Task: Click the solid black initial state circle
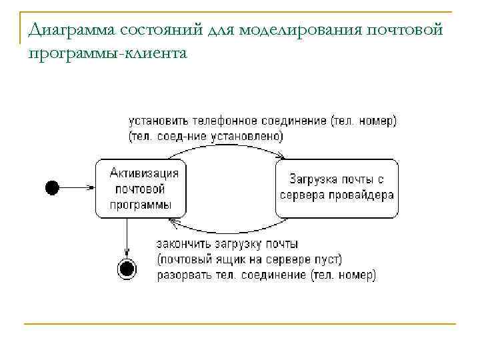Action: click(52, 189)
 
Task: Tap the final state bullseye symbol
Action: click(127, 269)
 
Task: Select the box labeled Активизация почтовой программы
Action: click(141, 189)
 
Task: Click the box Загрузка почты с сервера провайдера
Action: click(337, 189)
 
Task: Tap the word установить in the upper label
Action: click(158, 121)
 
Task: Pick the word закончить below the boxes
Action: click(182, 244)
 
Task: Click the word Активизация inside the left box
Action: click(144, 173)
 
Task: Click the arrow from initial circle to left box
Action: click(77, 189)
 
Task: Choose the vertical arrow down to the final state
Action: click(127, 237)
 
